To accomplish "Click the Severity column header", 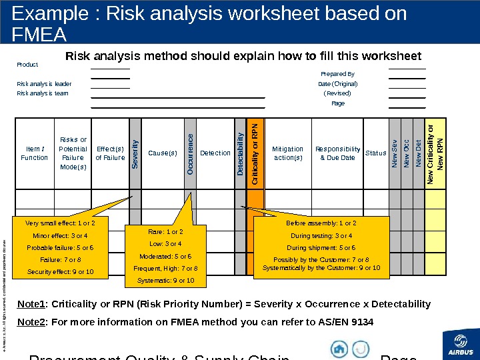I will pos(135,153).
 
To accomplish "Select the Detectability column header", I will pos(240,153).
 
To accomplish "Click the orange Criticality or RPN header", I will pos(256,153).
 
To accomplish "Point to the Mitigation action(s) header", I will pos(288,153).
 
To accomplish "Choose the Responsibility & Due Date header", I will pos(337,153).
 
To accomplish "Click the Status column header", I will pos(376,153).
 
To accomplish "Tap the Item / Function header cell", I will pos(34,153).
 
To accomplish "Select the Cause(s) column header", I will pos(163,153).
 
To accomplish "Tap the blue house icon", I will pos(340,349).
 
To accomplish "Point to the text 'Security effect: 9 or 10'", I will pos(60,272).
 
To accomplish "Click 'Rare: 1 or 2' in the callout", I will pos(165,232).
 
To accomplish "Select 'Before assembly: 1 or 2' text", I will pos(321,223).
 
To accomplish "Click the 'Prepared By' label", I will pos(337,74).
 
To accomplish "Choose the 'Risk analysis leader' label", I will pos(44,84).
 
